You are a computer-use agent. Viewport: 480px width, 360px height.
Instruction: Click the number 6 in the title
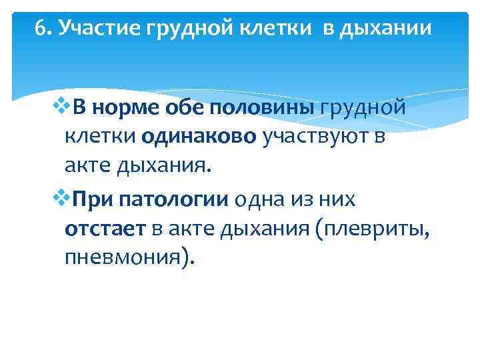39,29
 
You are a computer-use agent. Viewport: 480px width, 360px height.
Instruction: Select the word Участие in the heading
86,30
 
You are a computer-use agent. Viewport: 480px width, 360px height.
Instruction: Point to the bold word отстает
105,229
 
